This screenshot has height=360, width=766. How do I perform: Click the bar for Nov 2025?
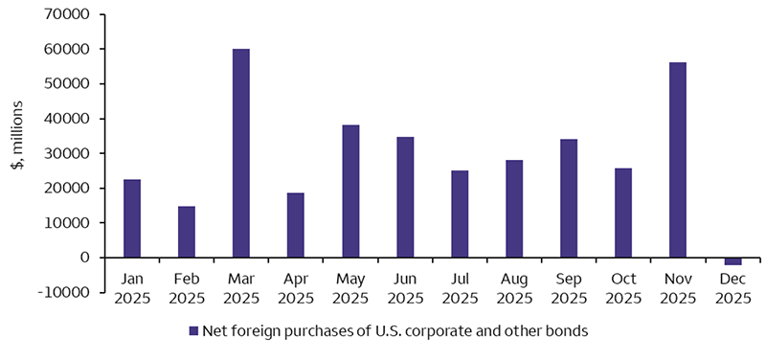tap(677, 160)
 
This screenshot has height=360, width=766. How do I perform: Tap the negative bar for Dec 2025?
tap(732, 260)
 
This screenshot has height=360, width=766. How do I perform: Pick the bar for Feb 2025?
tap(186, 232)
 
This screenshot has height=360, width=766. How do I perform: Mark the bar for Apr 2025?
tap(295, 225)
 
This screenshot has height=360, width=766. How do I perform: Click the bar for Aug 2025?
tap(514, 209)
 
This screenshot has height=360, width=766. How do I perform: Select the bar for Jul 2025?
tap(460, 214)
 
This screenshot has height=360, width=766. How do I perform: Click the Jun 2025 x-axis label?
tap(405, 286)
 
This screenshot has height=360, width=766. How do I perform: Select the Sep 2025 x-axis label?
tap(569, 286)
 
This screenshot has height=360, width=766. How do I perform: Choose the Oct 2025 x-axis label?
tap(623, 286)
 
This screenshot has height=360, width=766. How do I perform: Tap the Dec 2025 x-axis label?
tap(732, 286)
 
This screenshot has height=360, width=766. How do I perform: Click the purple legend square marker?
tap(192, 330)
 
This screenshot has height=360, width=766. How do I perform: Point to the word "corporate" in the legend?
tap(410, 331)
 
